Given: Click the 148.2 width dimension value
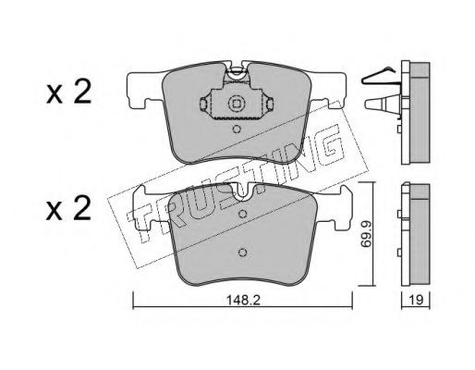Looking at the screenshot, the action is [x=243, y=300].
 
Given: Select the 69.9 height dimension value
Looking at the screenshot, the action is [x=366, y=233].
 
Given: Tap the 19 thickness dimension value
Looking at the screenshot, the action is [x=416, y=300].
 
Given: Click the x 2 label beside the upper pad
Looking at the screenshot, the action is [x=68, y=92].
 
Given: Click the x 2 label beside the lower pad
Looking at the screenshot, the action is [x=68, y=208].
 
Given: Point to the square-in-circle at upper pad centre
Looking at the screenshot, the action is [x=237, y=104].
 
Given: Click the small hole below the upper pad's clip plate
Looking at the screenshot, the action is [x=237, y=129].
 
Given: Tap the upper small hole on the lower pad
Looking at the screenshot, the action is [x=243, y=214].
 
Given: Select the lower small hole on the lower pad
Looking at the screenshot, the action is [x=243, y=253].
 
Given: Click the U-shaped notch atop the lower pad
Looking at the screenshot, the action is [x=243, y=192].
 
